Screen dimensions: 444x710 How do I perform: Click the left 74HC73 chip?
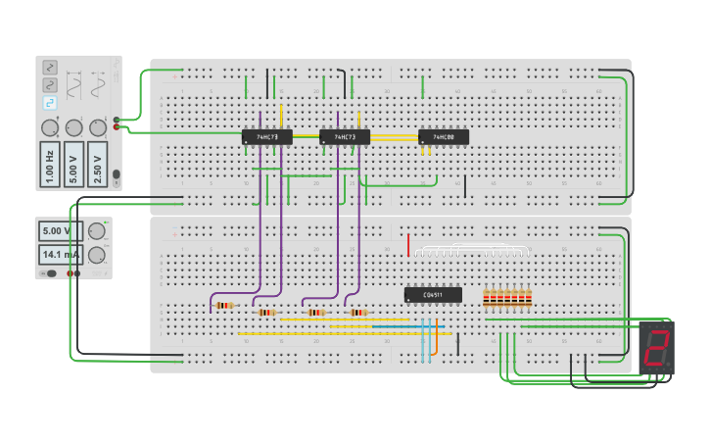[266, 137]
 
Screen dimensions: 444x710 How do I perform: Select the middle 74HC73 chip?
[345, 137]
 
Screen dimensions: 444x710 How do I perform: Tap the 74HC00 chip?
[443, 137]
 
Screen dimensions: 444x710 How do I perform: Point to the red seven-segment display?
[656, 348]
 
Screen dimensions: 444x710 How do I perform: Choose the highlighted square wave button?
[49, 102]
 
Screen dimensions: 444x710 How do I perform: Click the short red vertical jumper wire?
[408, 244]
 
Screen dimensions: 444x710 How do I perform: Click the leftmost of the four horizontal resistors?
[224, 306]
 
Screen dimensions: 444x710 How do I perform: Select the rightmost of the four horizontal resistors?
[358, 313]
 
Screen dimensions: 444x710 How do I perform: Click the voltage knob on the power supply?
[96, 231]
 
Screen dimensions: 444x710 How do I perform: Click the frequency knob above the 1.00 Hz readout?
[49, 127]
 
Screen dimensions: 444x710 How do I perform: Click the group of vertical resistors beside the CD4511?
[507, 298]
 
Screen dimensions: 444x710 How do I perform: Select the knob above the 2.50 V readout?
[98, 127]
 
